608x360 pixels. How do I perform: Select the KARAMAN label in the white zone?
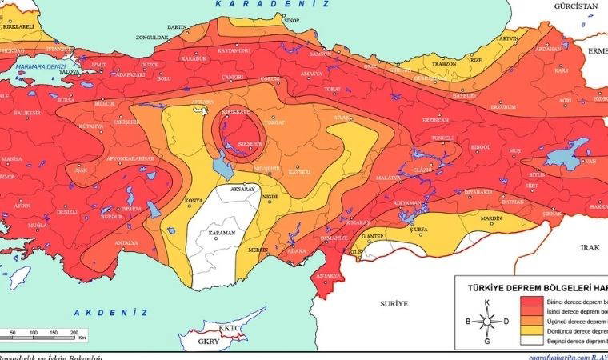pyautogui.click(x=222, y=233)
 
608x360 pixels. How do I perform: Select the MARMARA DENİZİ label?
pyautogui.click(x=38, y=66)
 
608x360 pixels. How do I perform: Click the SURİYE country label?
pyautogui.click(x=394, y=304)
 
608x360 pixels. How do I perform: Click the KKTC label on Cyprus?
pyautogui.click(x=230, y=327)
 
